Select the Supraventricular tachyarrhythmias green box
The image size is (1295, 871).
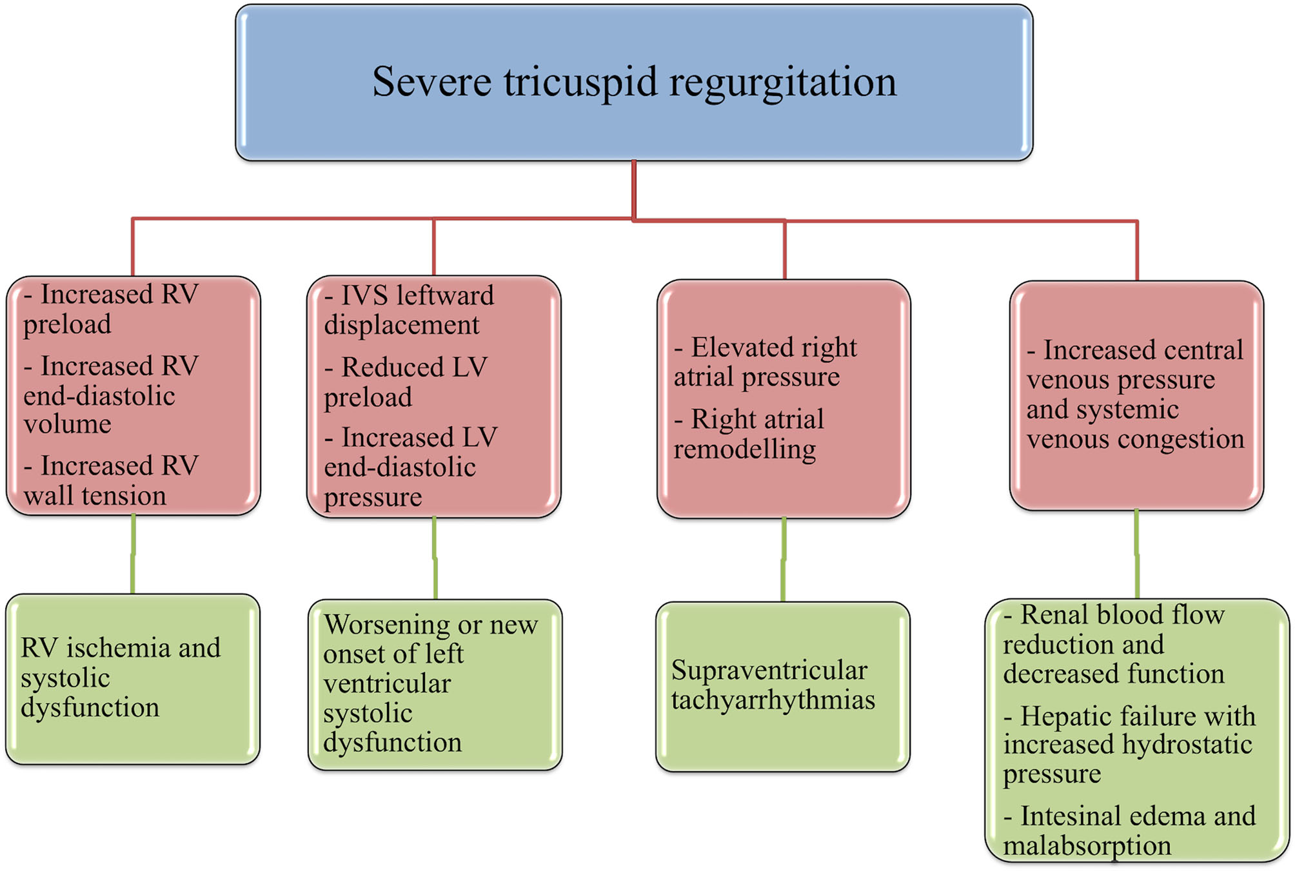(782, 687)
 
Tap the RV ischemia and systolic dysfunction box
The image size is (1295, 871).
(132, 679)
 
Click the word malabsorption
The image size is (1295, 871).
(1087, 846)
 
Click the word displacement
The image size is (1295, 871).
(401, 325)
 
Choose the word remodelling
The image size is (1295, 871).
(744, 449)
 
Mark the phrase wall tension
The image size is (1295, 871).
(95, 496)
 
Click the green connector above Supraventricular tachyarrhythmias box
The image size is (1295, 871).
(784, 560)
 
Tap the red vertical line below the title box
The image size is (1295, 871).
(634, 190)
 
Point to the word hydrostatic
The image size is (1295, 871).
(1187, 745)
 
